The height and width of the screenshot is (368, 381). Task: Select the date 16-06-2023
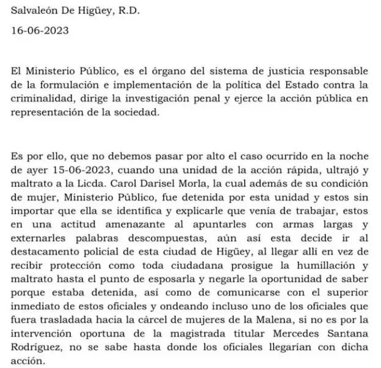39,28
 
